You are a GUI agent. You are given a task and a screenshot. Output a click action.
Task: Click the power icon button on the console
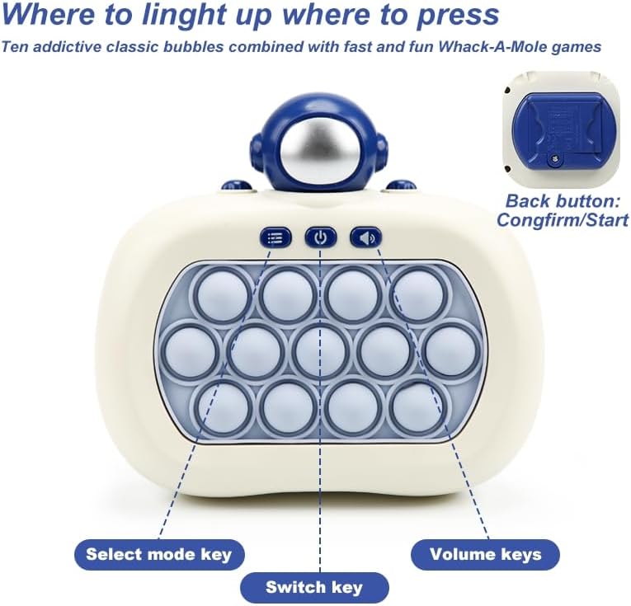click(320, 238)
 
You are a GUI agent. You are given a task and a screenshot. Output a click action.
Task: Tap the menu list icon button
click(275, 238)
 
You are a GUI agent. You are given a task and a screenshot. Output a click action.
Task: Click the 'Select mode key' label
click(159, 555)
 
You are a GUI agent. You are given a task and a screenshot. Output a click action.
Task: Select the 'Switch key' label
click(315, 588)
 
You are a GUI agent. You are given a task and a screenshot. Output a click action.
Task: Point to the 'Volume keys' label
click(485, 555)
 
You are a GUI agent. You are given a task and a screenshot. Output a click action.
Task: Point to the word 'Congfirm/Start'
click(563, 220)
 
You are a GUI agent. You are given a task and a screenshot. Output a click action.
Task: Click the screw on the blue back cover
click(554, 160)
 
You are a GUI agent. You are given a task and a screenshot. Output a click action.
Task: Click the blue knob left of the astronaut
click(237, 186)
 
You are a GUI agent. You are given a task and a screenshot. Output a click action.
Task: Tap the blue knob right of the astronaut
click(401, 186)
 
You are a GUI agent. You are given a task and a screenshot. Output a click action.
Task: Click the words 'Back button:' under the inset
click(563, 201)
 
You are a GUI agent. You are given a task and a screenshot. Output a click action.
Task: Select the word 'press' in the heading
click(458, 16)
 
